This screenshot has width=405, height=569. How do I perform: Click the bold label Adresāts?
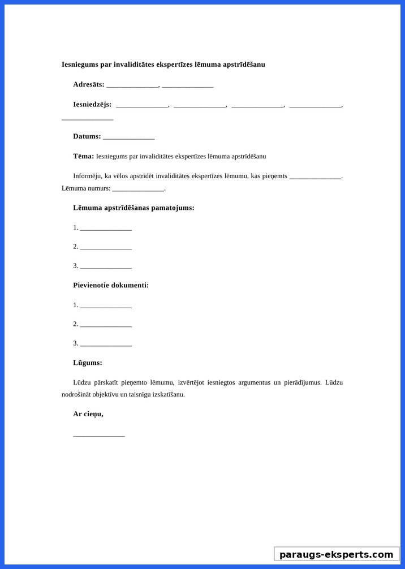[89, 84]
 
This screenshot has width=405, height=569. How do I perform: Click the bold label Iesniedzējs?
[92, 104]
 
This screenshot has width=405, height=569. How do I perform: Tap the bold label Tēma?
[83, 156]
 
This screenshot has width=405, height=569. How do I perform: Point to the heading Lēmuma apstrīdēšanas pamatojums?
[133, 208]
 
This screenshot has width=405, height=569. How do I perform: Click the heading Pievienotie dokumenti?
[111, 285]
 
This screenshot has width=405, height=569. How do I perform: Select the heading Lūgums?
[88, 363]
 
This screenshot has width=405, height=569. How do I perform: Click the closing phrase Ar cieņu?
[88, 414]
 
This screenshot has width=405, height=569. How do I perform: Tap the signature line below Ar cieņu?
[99, 435]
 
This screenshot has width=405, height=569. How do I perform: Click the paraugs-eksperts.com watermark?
[337, 554]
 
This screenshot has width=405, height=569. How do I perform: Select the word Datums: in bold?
[87, 136]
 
